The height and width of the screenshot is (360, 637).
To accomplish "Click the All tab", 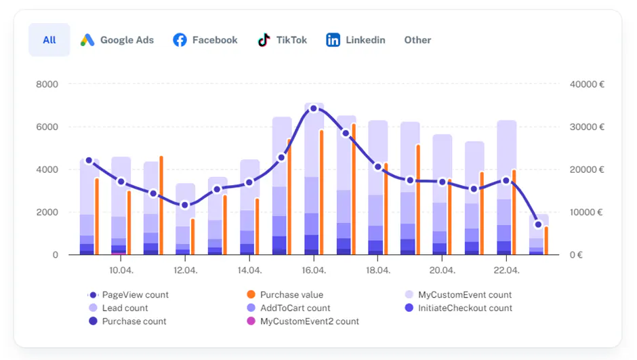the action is tap(49, 40).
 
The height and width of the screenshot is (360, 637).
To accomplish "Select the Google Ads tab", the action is tap(117, 40).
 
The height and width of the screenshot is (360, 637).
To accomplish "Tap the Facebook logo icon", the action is tap(180, 40).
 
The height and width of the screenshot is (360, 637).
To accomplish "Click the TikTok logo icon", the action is tap(264, 40).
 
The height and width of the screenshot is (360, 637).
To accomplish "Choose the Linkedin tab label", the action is tap(365, 40).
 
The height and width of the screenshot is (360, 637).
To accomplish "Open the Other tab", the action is tap(417, 40).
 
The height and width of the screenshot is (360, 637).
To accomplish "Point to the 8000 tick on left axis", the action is tap(47, 84).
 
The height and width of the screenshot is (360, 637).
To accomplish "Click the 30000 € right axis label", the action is tap(587, 127).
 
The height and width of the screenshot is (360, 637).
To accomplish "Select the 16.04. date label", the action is tap(314, 271).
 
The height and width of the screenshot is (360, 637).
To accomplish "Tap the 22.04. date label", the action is tap(506, 271).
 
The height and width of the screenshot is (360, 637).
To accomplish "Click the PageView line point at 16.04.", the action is tap(314, 108).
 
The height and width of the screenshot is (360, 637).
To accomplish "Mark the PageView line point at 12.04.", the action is tap(185, 205).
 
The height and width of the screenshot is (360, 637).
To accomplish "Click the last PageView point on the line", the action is tap(538, 224).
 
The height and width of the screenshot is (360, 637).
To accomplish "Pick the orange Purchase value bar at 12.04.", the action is tap(193, 237).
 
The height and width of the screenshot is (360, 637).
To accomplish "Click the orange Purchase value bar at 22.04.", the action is tap(514, 212).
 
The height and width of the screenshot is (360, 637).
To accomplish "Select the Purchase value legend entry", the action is tap(285, 295).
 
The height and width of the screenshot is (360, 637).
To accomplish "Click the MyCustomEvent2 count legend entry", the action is tap(303, 321).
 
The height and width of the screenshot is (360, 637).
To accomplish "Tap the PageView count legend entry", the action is tap(128, 295).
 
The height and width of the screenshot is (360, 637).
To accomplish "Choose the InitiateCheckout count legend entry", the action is tap(459, 308).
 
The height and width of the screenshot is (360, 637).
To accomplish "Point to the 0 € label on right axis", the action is tap(576, 255).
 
